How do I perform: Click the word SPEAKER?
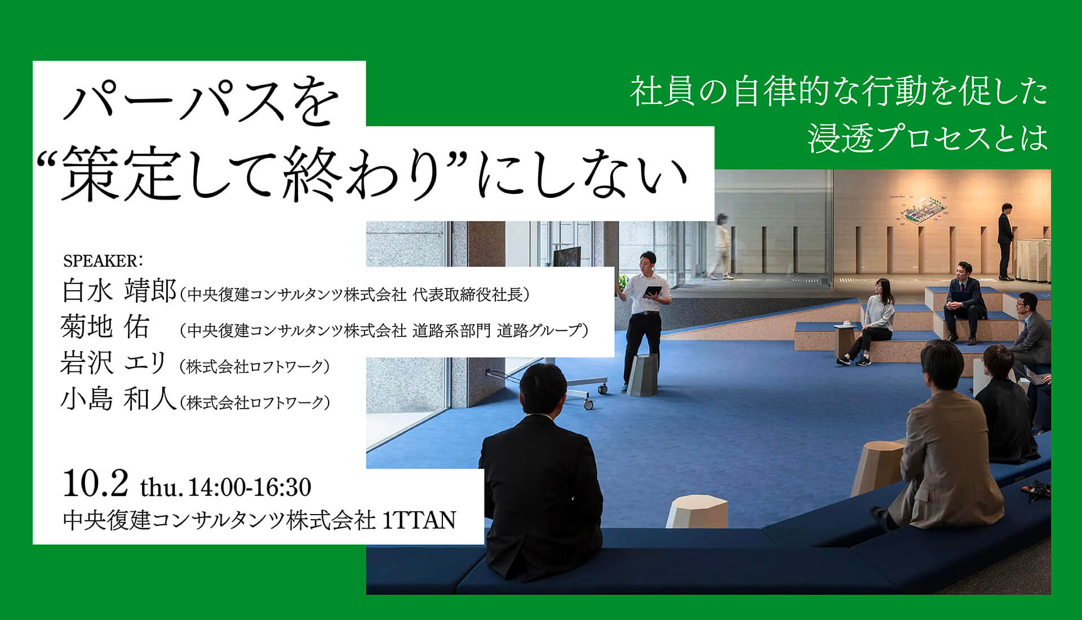[99, 261]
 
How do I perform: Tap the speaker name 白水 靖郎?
[119, 291]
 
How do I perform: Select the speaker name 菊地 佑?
[105, 327]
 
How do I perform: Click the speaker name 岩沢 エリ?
[113, 363]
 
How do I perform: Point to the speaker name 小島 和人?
[119, 399]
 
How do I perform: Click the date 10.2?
[96, 484]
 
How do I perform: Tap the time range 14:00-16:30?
[250, 487]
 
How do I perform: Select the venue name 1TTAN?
[419, 520]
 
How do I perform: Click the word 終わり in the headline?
[361, 176]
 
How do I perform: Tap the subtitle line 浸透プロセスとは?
[928, 138]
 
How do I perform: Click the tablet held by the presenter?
[653, 291]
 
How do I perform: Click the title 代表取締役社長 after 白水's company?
[468, 294]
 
